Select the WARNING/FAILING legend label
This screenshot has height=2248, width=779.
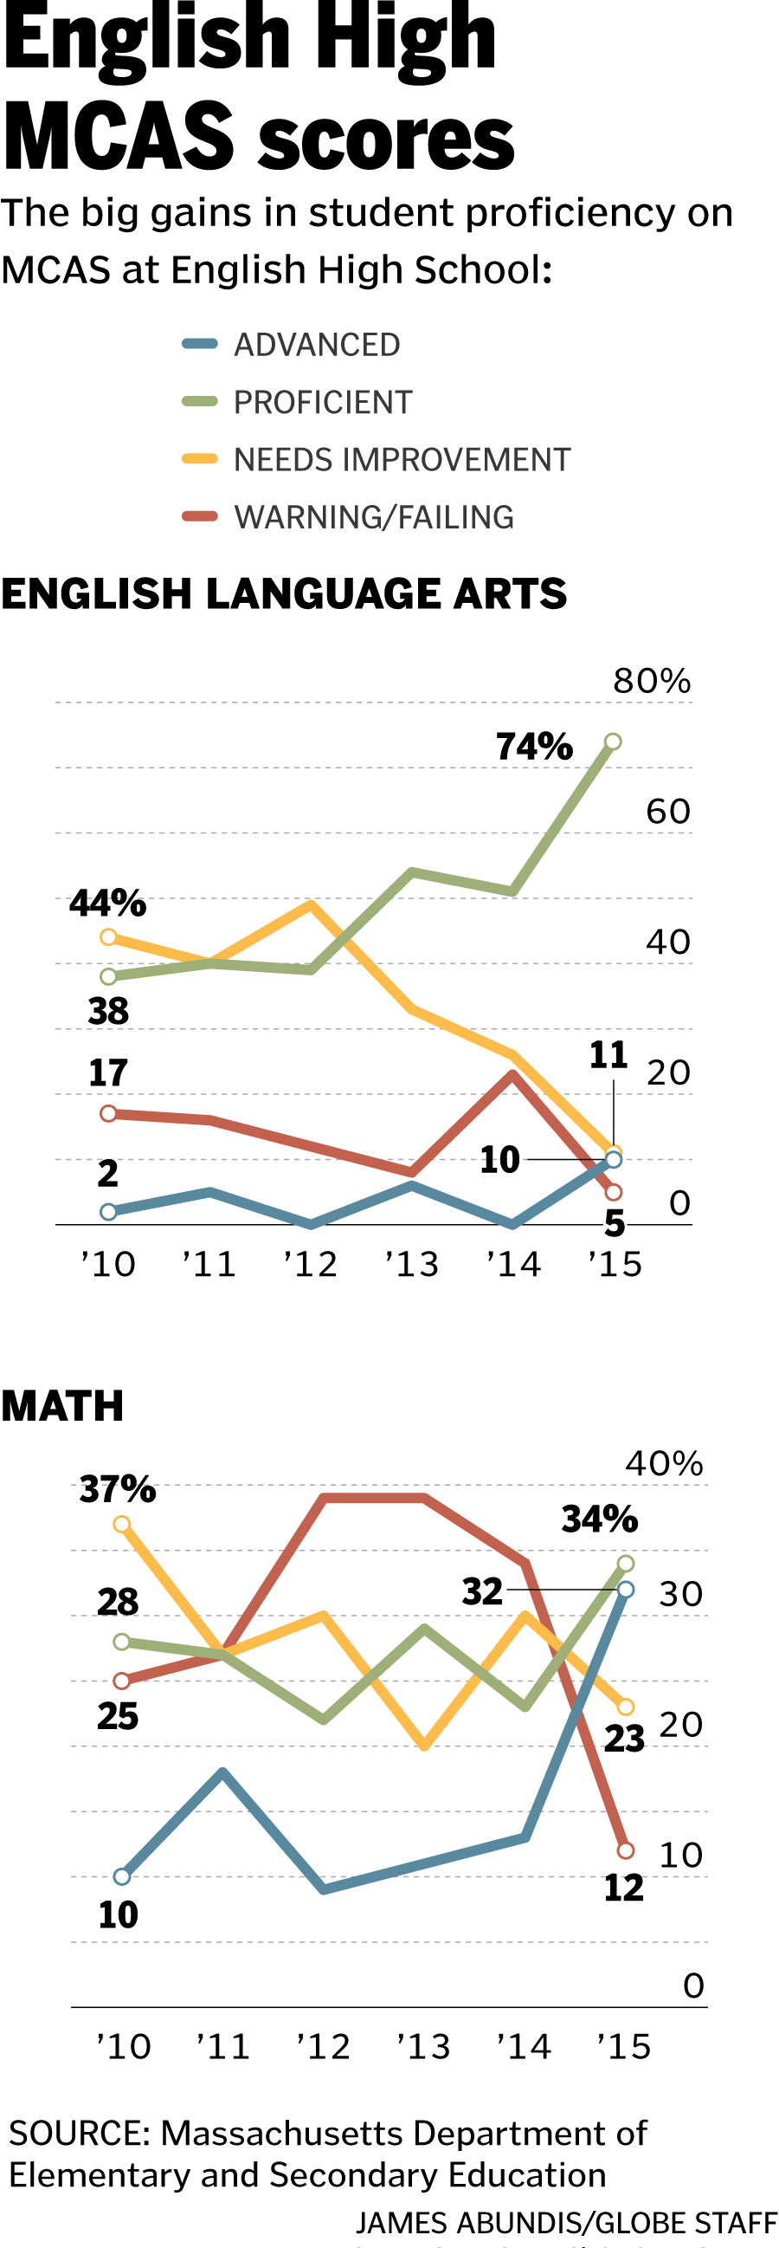click(x=373, y=517)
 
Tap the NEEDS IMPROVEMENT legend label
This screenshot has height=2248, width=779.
click(x=402, y=460)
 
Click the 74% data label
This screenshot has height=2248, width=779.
click(x=534, y=747)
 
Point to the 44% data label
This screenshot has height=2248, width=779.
click(x=107, y=904)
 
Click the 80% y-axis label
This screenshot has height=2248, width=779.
click(x=652, y=682)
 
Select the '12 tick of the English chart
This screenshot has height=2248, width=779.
click(x=311, y=1265)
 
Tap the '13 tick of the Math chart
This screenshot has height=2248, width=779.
click(x=423, y=2046)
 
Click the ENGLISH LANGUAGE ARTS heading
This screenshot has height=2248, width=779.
click(x=284, y=594)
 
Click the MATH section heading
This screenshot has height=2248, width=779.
click(x=63, y=1407)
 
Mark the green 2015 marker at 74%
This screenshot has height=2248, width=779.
click(x=614, y=742)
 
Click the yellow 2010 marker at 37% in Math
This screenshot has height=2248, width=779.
click(x=122, y=1525)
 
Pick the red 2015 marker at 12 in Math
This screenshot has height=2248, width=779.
click(x=626, y=1850)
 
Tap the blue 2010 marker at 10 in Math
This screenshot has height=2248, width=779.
click(x=122, y=1876)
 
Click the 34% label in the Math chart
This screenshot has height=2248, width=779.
click(x=599, y=1519)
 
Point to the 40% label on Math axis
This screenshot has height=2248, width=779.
click(x=664, y=1464)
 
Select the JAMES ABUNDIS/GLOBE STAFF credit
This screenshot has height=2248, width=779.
click(x=565, y=2223)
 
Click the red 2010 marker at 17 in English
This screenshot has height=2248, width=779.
click(x=108, y=1113)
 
